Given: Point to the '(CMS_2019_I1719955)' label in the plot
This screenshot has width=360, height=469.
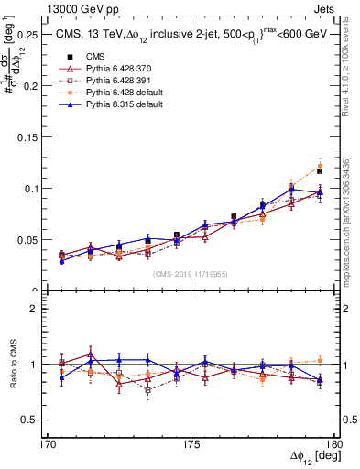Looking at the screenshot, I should pos(191,273).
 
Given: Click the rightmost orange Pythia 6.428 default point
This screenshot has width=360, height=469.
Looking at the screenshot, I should pos(320,167).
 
